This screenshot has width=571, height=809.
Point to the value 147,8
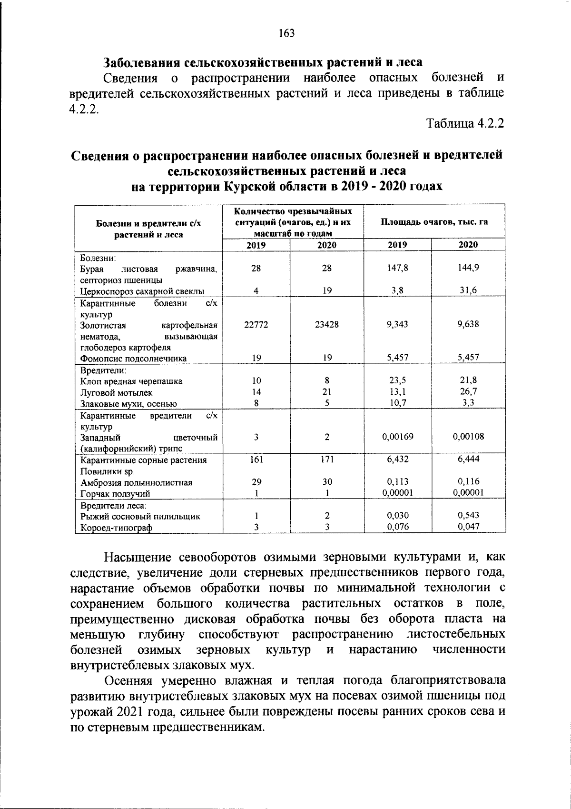397,268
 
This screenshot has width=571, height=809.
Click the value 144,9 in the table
468,268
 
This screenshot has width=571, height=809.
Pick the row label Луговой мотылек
117,393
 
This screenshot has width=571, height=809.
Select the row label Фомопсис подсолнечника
133,359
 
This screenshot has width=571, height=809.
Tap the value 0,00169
397,437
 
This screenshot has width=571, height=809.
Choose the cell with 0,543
468,515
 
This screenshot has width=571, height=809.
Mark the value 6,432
397,459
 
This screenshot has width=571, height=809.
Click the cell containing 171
326,459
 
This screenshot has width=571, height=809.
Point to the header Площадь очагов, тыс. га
434,222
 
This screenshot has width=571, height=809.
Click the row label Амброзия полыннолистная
136,482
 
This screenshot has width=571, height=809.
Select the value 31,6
468,291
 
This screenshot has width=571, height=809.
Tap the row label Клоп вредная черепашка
131,381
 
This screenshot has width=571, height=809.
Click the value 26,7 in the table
468,392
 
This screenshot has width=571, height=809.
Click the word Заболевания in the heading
143,62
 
